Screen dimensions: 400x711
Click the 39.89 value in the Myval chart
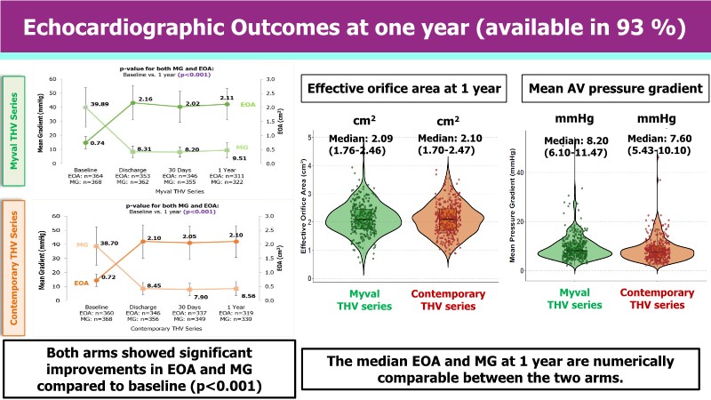tap(76, 104)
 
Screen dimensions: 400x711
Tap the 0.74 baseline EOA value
tap(73, 143)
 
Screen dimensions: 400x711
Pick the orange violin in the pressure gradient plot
tap(658, 249)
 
